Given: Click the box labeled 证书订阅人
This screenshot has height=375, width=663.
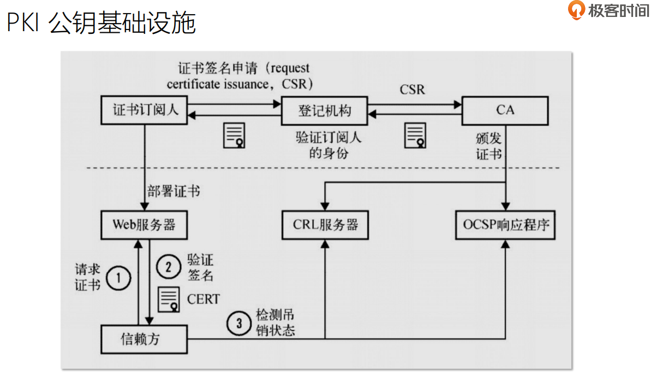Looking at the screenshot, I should click(145, 110).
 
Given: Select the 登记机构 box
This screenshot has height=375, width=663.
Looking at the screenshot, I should click(324, 110).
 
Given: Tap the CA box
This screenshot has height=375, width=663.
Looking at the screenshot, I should click(505, 110).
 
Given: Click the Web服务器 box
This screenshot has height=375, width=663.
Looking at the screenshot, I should click(144, 225).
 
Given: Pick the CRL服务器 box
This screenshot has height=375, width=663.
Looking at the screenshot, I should click(325, 225).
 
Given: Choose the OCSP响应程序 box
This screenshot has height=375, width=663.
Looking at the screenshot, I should click(505, 225).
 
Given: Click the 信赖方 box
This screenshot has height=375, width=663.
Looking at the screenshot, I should click(144, 339).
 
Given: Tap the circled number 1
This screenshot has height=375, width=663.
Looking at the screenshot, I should click(118, 278).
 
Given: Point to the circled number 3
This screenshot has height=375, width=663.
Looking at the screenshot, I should click(238, 324).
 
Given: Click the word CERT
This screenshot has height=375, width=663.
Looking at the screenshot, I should click(204, 299).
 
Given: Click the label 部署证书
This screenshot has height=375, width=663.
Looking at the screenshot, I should click(174, 191).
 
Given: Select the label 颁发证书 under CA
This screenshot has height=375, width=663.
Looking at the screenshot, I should click(488, 146).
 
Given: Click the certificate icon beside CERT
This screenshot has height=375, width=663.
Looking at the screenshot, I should click(169, 298).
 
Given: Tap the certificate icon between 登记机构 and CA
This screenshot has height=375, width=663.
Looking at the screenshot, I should click(415, 135).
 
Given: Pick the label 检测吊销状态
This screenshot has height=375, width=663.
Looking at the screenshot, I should click(276, 324).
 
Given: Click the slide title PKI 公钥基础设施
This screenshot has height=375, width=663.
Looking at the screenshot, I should click(101, 23).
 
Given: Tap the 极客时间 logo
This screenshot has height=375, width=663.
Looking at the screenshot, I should click(609, 10).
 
